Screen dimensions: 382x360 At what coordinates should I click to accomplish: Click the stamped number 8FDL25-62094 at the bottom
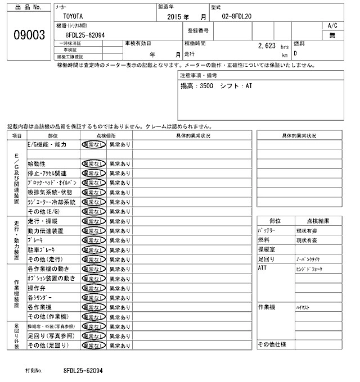click(83, 371)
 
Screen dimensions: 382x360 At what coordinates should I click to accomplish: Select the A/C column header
click(332, 26)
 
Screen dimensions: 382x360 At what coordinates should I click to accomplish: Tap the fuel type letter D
click(296, 53)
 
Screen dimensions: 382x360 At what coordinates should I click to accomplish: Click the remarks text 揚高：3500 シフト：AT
click(217, 87)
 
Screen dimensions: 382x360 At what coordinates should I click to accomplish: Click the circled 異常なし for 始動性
click(93, 163)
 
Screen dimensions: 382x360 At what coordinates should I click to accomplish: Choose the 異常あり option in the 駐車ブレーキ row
click(119, 249)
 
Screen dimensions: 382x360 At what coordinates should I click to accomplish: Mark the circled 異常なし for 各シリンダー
click(93, 297)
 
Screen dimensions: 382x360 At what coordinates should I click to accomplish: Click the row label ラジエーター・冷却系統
click(51, 202)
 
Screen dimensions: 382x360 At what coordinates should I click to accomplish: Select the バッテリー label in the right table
click(267, 230)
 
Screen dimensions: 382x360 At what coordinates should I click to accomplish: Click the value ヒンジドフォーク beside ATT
click(309, 269)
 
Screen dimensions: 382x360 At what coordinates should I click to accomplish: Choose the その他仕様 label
click(272, 344)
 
